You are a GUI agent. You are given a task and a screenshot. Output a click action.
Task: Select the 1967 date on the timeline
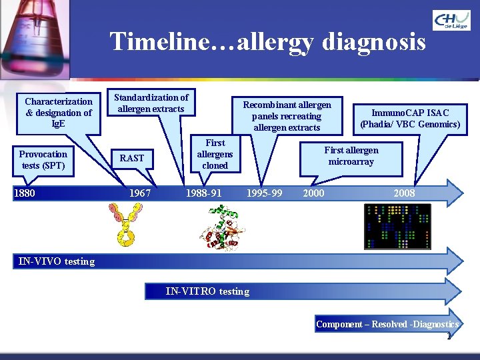click(x=140, y=193)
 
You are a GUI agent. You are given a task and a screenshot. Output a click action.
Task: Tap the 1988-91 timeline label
click(x=204, y=193)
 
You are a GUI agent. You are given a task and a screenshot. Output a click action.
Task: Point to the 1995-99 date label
click(x=264, y=193)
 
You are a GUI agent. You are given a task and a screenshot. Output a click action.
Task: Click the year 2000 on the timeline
click(x=313, y=193)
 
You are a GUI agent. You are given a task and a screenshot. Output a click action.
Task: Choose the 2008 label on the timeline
click(x=404, y=193)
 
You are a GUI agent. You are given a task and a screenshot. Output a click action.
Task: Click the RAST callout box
click(x=132, y=158)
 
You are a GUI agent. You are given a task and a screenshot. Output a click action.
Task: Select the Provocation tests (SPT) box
click(x=43, y=160)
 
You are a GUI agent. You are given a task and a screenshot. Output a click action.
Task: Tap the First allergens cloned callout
click(x=215, y=154)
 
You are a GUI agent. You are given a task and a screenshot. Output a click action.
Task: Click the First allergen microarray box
click(x=351, y=156)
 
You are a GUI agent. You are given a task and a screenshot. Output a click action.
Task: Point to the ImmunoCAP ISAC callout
click(x=410, y=118)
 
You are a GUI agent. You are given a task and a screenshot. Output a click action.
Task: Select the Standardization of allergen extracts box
click(x=151, y=103)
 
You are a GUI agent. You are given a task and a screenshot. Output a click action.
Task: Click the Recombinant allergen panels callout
click(x=287, y=116)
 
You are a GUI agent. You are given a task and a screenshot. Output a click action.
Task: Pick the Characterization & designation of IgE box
click(x=59, y=112)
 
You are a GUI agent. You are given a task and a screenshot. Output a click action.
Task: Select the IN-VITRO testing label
click(x=207, y=291)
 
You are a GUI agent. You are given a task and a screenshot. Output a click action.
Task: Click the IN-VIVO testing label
click(x=57, y=261)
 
